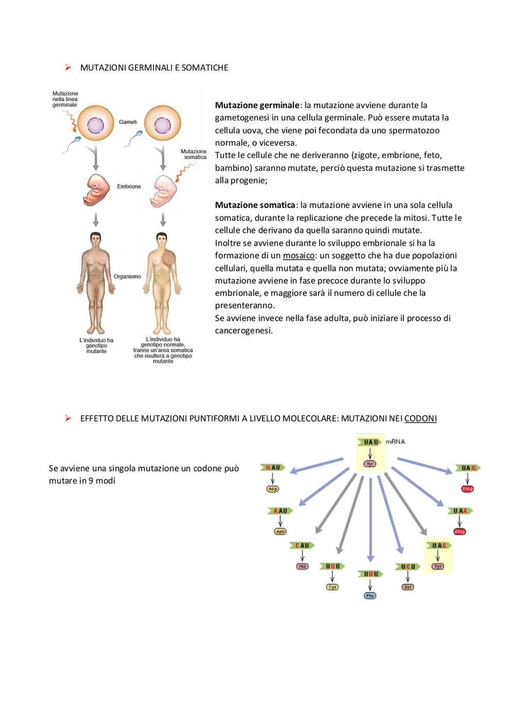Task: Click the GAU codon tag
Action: click(x=273, y=467)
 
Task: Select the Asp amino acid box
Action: click(x=272, y=489)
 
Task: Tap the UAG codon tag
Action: click(x=468, y=467)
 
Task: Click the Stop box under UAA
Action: click(x=459, y=532)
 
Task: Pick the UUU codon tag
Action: click(x=370, y=574)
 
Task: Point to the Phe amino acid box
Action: click(x=370, y=596)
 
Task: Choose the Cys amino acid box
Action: click(x=332, y=587)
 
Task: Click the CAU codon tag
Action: click(x=302, y=545)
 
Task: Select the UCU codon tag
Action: click(x=408, y=566)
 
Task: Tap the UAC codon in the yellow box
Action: click(x=438, y=545)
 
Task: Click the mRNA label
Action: click(x=396, y=442)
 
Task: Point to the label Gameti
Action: click(x=128, y=122)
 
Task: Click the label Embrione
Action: click(x=129, y=186)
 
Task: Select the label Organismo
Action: click(x=127, y=276)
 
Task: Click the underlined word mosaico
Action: click(x=299, y=255)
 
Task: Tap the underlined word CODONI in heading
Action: click(x=420, y=418)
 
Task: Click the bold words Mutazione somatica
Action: click(x=255, y=205)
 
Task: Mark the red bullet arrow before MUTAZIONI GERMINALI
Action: click(x=68, y=67)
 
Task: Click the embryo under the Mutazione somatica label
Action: click(x=163, y=191)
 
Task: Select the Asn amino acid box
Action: click(x=280, y=532)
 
